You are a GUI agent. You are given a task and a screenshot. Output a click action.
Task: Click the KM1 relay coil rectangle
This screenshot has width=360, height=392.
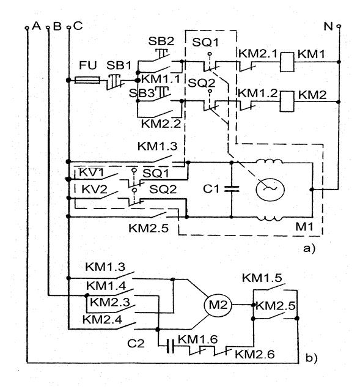coord(287,62)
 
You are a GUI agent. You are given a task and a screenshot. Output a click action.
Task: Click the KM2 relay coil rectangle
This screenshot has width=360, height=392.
coord(287,102)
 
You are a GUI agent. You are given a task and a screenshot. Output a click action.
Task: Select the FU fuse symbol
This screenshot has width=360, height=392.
coord(87,80)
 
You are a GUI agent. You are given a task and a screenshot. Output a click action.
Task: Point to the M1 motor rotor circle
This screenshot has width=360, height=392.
coord(270,189)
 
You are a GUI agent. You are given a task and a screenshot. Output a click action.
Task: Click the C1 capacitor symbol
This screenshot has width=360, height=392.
coord(232,189)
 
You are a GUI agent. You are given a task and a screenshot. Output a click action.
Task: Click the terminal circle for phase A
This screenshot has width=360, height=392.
coord(27,28)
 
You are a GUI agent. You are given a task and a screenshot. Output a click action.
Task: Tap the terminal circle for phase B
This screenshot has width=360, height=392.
coord(48,28)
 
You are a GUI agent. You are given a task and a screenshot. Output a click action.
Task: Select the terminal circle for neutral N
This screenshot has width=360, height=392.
coord(339,26)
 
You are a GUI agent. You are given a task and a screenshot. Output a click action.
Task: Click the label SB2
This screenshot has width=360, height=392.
coord(161,41)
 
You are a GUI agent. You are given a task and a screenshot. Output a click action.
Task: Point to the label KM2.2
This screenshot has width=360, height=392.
coord(161,124)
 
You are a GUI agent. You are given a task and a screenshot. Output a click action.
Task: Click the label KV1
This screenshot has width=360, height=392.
coord(91,172)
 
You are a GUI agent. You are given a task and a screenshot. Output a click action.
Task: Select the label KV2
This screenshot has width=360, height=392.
coord(94,189)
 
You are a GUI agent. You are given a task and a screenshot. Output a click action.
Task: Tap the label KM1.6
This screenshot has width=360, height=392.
coord(197,339)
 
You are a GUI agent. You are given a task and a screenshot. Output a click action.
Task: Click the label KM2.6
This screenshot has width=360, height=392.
coord(255,354)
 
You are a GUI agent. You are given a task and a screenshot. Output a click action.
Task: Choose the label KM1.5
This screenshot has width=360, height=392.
coord(262,278)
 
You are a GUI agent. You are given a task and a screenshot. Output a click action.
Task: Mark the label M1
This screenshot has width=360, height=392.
coord(304,227)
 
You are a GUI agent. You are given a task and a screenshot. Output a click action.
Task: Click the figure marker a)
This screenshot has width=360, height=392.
coord(309,248)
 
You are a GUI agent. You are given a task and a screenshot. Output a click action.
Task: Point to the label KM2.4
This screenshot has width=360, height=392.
coord(102,319)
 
